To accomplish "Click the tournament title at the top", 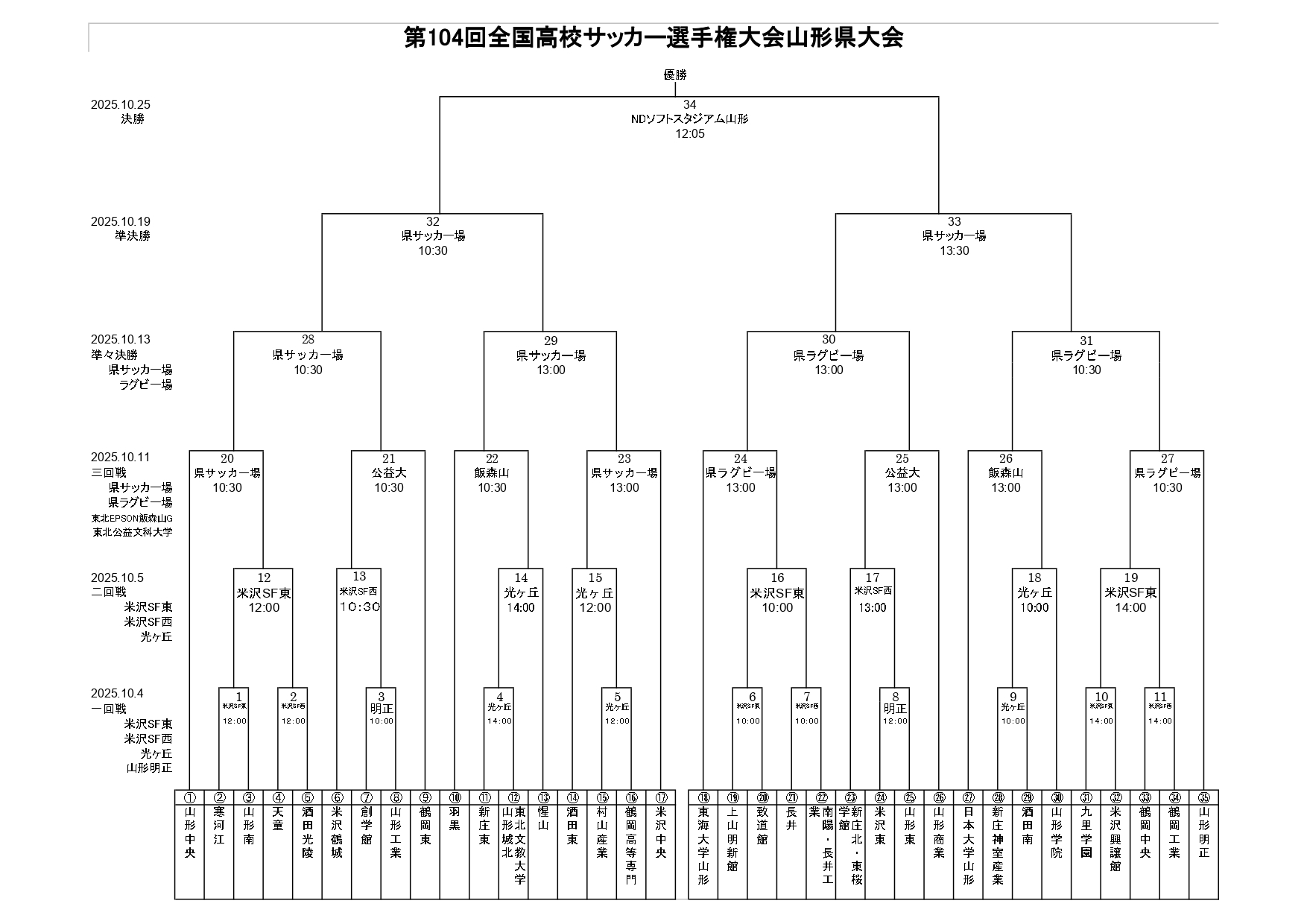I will tap(653, 38).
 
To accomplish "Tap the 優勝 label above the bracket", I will tap(675, 75).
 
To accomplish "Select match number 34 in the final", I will tap(689, 105).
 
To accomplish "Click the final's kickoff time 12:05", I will tap(689, 134).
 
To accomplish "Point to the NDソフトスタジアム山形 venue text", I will tap(689, 119).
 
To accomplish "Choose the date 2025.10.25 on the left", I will tap(121, 105).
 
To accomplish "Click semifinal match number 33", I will tap(954, 222).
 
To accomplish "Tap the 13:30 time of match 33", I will tap(954, 251).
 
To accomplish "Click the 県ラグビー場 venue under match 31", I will tap(1086, 355).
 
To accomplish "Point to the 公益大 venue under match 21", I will tap(388, 473).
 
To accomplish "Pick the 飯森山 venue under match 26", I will tap(1005, 473).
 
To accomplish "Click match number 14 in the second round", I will tap(521, 578).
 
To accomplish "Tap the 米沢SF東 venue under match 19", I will tap(1130, 593).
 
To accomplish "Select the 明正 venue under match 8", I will tap(895, 709).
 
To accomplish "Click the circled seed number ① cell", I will tap(189, 797).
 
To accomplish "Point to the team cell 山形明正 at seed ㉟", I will tap(1203, 832).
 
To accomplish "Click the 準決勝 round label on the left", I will tap(133, 236).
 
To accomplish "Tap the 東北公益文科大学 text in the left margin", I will tap(133, 533).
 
